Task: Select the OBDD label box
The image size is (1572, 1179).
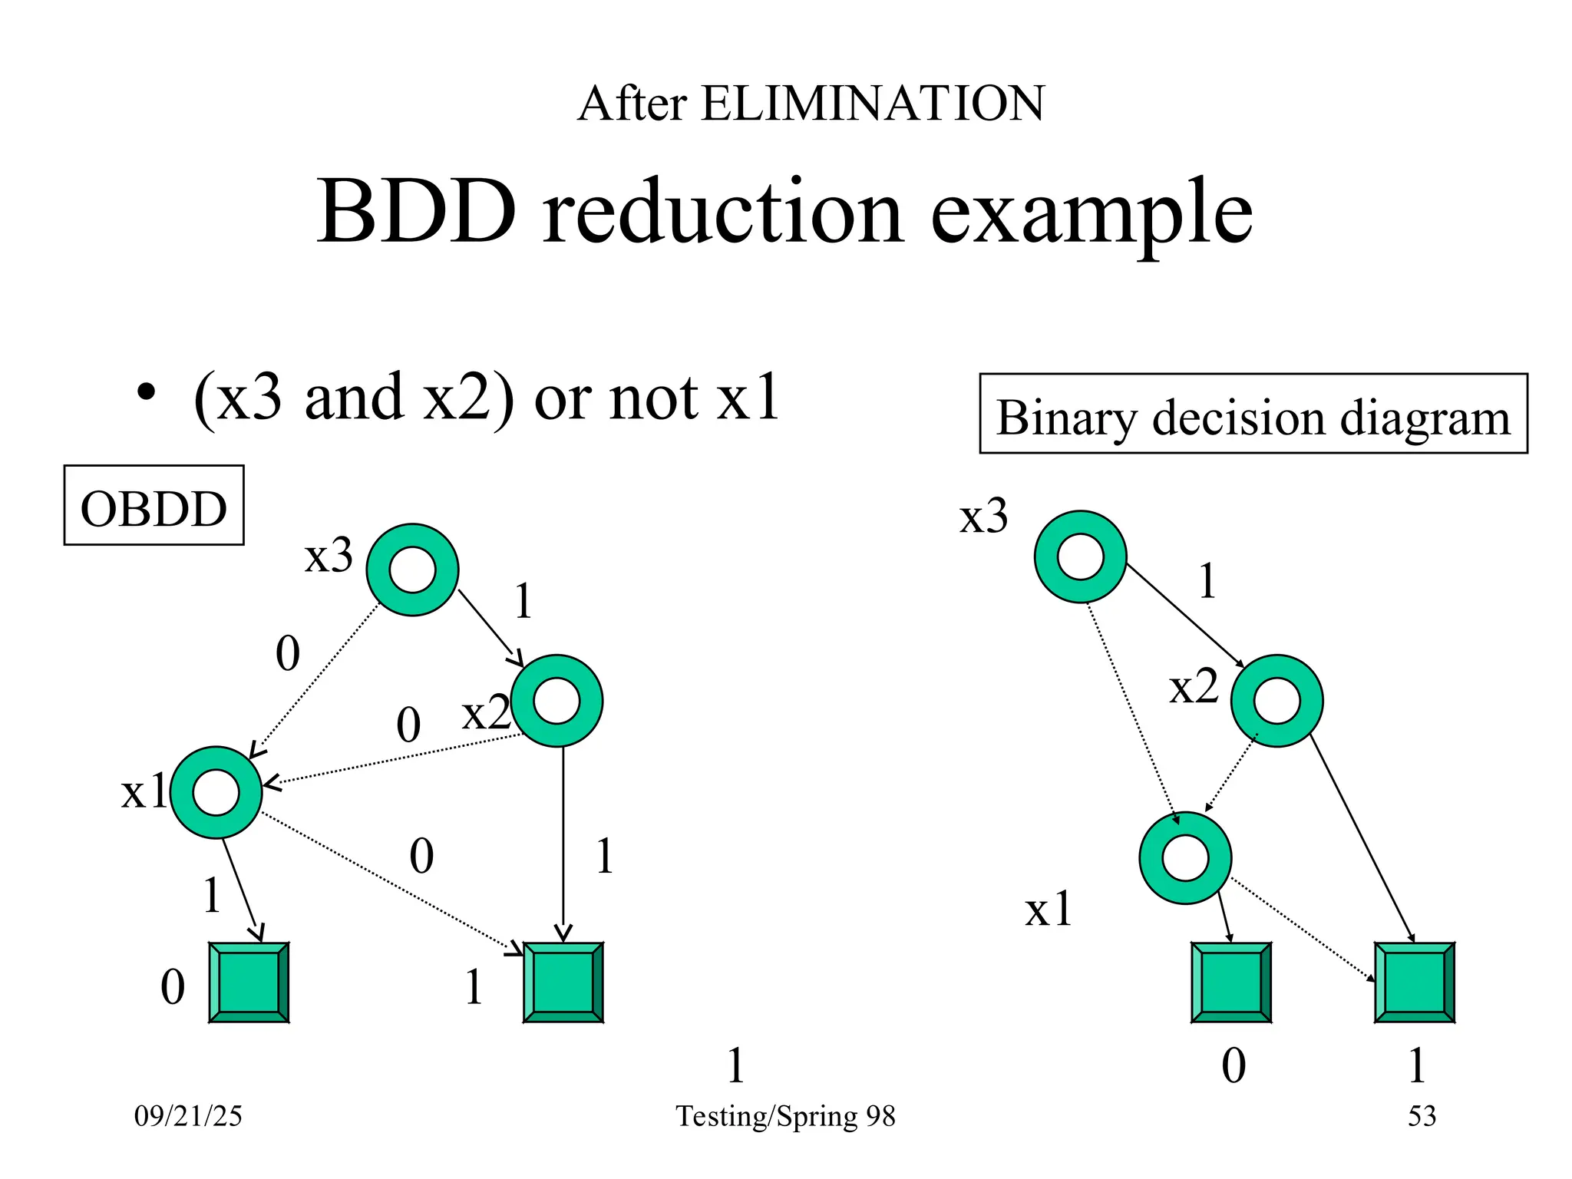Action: pyautogui.click(x=154, y=505)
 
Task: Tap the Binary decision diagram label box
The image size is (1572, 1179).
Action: pyautogui.click(x=1253, y=414)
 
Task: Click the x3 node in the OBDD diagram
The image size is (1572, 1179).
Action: pyautogui.click(x=412, y=570)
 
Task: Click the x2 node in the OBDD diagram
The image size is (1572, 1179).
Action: pyautogui.click(x=556, y=700)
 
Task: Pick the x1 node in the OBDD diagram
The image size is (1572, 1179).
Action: pyautogui.click(x=216, y=792)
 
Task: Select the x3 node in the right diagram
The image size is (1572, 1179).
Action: pyautogui.click(x=1080, y=556)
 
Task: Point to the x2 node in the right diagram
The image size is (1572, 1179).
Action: pyautogui.click(x=1276, y=700)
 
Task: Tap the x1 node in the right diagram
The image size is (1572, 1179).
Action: pyautogui.click(x=1185, y=858)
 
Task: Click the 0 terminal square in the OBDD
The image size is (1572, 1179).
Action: pyautogui.click(x=249, y=982)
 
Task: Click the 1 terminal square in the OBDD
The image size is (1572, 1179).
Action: pyautogui.click(x=563, y=982)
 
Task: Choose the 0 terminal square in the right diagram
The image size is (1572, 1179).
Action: pyautogui.click(x=1231, y=982)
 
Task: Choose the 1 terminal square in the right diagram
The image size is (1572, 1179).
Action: pyautogui.click(x=1415, y=982)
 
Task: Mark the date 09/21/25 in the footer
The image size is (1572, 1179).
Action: pyautogui.click(x=188, y=1115)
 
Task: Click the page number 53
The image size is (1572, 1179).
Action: pyautogui.click(x=1422, y=1115)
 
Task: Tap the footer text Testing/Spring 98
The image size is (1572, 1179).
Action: pyautogui.click(x=785, y=1115)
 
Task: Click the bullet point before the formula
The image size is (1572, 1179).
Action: pyautogui.click(x=146, y=393)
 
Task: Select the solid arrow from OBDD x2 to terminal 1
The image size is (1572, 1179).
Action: pyautogui.click(x=563, y=844)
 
